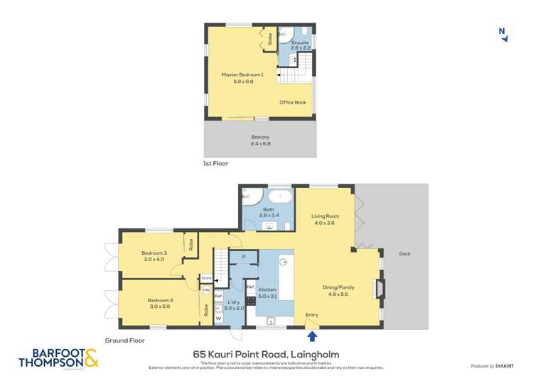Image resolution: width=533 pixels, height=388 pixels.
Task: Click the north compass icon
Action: tap(502, 32)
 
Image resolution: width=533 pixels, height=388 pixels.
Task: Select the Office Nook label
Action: tap(292, 103)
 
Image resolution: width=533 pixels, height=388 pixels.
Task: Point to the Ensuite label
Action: tap(300, 43)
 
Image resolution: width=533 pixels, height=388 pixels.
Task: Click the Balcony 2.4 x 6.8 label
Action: tap(260, 140)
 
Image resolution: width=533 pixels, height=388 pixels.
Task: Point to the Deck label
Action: tap(404, 254)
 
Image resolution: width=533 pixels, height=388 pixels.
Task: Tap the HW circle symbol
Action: tap(205, 290)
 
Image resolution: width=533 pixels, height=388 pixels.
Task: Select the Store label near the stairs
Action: tap(206, 277)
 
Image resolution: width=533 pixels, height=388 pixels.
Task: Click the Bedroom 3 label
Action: tap(154, 253)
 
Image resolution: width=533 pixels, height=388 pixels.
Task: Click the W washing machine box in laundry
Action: tap(218, 318)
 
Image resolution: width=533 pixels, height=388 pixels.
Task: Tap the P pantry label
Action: tap(244, 257)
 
